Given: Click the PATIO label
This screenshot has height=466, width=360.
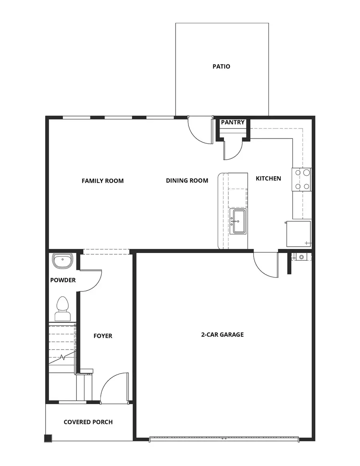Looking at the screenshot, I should click(221, 66).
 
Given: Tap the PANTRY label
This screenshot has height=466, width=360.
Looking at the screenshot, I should click(232, 123).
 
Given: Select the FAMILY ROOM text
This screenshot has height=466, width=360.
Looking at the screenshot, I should click(102, 181).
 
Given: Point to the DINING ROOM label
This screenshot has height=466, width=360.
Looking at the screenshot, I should click(187, 181).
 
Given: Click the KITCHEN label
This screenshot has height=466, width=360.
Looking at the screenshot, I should click(268, 179).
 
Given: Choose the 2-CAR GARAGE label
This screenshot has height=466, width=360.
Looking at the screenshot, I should click(222, 334).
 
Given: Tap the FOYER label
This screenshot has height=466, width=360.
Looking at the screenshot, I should click(103, 336).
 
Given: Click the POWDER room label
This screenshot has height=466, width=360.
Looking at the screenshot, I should click(63, 280).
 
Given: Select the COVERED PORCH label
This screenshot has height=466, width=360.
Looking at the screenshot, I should click(88, 422).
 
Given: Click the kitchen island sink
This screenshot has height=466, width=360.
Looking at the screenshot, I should click(238, 221).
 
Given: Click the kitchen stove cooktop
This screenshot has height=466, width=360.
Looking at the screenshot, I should click(302, 179).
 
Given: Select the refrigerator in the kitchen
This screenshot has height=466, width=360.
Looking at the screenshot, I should click(298, 234).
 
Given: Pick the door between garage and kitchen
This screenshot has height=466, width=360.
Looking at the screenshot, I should click(266, 264).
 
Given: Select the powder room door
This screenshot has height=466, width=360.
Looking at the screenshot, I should click(91, 281).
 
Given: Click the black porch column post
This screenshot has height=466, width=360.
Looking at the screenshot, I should click(48, 438).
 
